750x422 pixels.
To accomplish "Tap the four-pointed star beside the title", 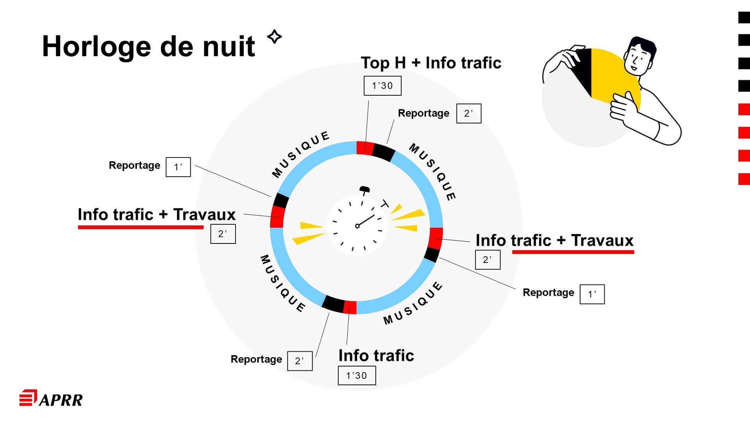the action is point(275,37).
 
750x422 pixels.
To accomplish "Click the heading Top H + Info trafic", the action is point(431,63).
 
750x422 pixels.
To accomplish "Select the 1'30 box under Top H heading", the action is point(382,86).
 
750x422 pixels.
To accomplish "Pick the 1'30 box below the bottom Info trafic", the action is point(357,376).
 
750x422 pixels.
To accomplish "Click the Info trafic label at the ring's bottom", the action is point(376,356).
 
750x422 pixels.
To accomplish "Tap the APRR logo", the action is point(51,399).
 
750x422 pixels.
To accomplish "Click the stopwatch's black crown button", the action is point(364,189).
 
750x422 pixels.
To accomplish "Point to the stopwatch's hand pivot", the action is point(357,226).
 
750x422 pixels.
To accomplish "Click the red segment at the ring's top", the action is point(365,148).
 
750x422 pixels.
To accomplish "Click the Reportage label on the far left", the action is point(134,166).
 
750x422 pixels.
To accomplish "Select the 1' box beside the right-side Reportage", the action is point(592,294).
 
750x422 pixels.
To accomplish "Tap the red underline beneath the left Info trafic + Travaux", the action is point(141,227).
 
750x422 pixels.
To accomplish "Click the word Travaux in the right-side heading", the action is point(602,240).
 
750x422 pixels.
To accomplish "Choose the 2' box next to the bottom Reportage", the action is point(300,361).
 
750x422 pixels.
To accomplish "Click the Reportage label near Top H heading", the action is point(423,113).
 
